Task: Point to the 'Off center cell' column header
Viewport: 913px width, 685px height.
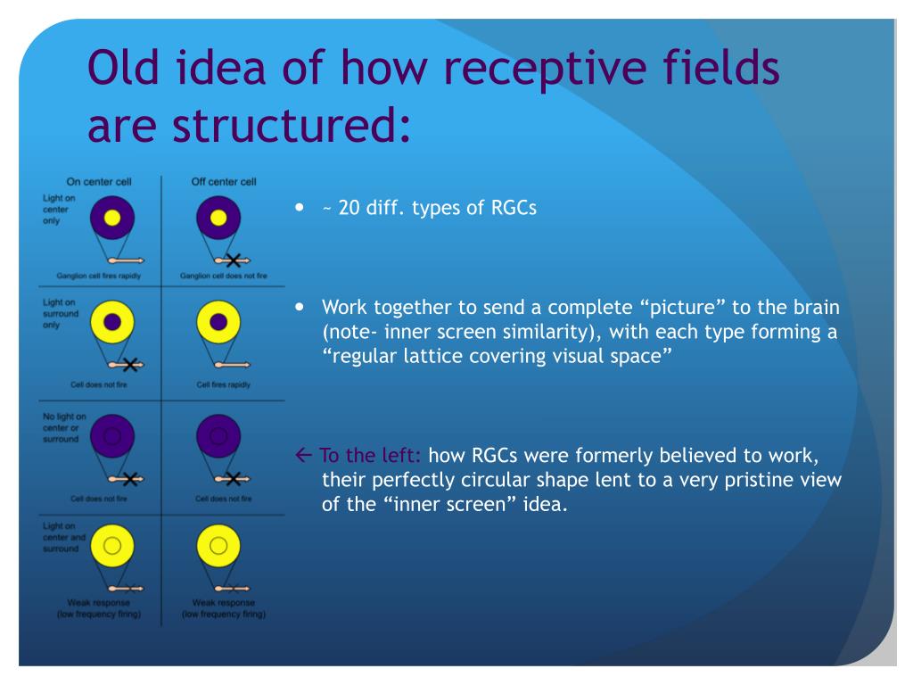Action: (x=225, y=182)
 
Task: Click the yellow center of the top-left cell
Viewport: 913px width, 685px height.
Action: (x=112, y=219)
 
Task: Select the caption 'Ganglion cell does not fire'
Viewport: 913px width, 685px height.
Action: (x=224, y=276)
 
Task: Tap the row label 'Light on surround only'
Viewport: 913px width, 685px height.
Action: (x=61, y=314)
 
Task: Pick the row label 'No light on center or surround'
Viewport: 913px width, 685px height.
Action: (x=63, y=427)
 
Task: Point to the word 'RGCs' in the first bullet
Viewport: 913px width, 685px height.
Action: (x=514, y=210)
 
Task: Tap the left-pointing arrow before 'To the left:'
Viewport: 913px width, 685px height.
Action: (x=303, y=456)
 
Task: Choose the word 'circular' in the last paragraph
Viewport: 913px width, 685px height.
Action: (x=489, y=480)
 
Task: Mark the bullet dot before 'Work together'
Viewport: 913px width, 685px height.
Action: (x=300, y=306)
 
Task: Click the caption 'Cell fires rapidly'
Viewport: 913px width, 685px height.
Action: (x=224, y=385)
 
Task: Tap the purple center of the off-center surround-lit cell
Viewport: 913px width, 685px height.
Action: (x=218, y=323)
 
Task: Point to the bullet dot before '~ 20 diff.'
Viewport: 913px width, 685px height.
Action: (x=300, y=208)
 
